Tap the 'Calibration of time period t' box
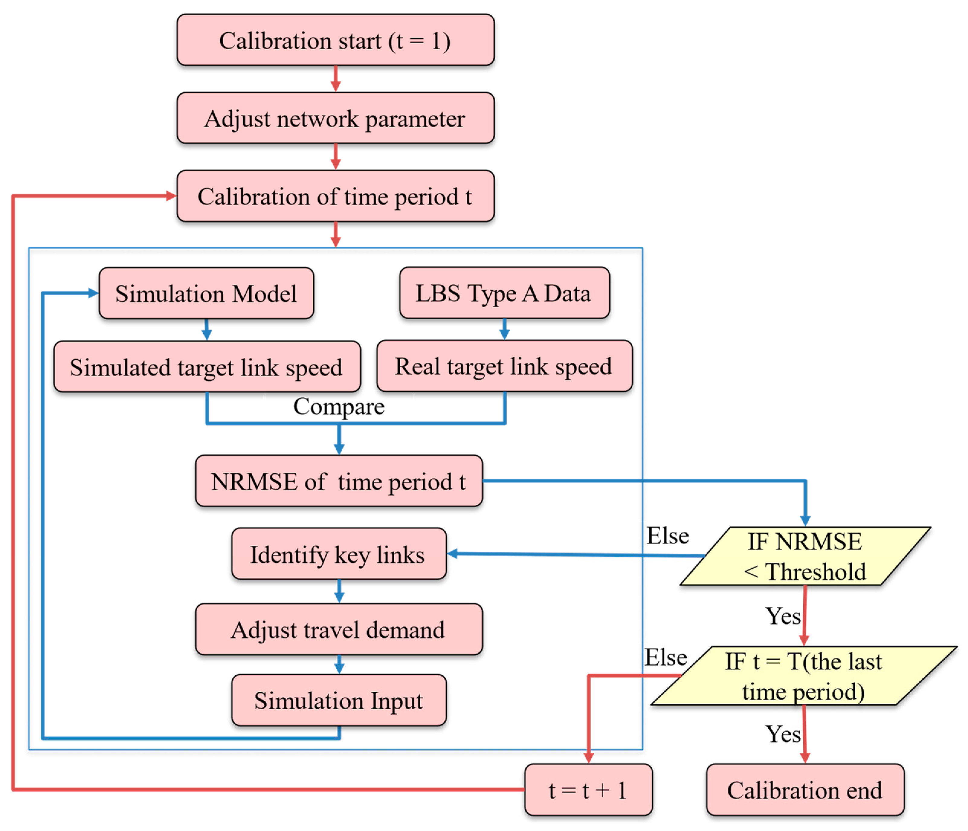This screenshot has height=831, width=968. pyautogui.click(x=335, y=196)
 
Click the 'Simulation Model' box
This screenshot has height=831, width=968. pyautogui.click(x=206, y=293)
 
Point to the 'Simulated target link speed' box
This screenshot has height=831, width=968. pyautogui.click(x=207, y=367)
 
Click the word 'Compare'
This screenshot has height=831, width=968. pyautogui.click(x=339, y=406)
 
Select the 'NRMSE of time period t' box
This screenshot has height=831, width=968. pyautogui.click(x=339, y=481)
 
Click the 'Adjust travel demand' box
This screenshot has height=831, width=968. pyautogui.click(x=339, y=629)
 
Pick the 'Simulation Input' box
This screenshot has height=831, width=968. pyautogui.click(x=339, y=700)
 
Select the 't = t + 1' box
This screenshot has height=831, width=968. pyautogui.click(x=588, y=790)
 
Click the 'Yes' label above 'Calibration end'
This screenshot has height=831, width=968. pyautogui.click(x=782, y=734)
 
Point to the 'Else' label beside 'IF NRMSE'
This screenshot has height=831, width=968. pyautogui.click(x=667, y=535)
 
